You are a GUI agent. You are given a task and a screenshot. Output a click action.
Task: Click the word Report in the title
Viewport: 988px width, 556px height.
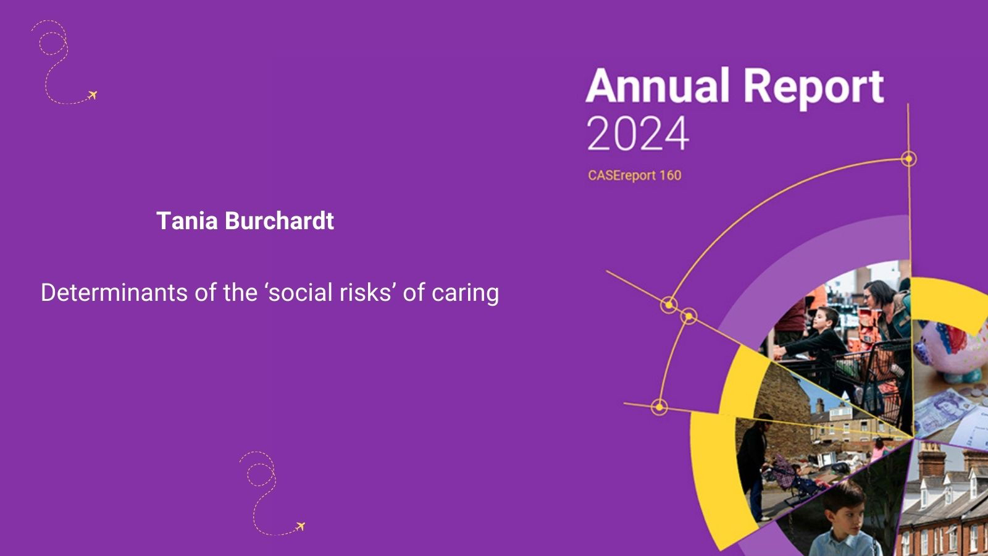(x=814, y=89)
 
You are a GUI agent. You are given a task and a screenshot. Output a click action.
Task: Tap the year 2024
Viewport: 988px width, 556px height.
(x=638, y=133)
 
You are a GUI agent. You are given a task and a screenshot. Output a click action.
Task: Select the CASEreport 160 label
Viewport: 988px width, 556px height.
(x=635, y=175)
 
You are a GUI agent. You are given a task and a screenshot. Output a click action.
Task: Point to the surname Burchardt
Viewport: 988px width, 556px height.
(x=280, y=221)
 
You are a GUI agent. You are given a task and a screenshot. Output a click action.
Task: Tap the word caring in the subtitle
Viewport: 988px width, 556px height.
(x=466, y=294)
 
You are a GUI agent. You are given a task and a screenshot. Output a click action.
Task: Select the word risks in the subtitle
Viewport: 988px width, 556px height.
(x=368, y=293)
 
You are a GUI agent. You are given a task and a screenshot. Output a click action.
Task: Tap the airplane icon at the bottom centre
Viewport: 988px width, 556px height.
(x=300, y=526)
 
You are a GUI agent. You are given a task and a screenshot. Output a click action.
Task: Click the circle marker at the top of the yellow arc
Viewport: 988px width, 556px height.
(x=908, y=158)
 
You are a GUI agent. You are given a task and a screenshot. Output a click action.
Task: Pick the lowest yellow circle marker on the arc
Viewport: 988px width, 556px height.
(x=659, y=407)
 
